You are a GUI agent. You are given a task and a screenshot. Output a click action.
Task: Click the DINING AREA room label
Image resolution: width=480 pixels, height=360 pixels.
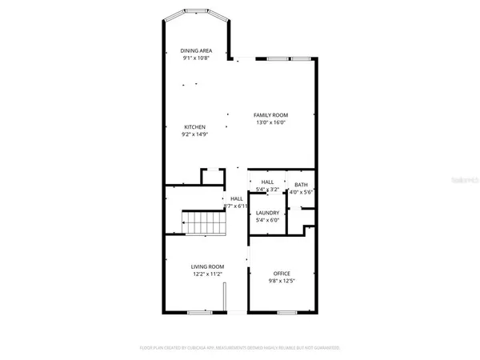point(195,50)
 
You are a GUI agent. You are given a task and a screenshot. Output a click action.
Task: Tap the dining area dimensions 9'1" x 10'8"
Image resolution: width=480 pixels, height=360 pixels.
point(195,58)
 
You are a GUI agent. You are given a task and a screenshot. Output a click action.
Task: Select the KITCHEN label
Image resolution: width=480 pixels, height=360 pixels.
point(195,127)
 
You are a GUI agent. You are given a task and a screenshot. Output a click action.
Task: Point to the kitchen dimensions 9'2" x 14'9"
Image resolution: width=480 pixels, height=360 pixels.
point(195,134)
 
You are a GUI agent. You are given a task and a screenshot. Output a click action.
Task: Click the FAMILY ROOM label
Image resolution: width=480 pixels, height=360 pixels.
point(270,115)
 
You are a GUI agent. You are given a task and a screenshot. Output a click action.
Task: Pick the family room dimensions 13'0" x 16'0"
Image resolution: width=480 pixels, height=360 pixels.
point(270,122)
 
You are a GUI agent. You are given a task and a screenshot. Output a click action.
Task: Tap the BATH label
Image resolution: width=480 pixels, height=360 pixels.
point(300,185)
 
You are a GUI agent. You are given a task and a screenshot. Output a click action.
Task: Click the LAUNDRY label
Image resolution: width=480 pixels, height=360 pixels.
point(267,213)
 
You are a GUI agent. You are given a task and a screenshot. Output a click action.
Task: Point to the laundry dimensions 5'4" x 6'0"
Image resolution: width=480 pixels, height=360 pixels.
point(267,220)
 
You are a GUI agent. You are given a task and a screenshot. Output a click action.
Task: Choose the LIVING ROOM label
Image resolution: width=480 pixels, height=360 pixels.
point(207,266)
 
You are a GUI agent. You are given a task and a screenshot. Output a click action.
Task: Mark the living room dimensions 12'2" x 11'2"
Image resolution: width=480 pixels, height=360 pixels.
point(207,274)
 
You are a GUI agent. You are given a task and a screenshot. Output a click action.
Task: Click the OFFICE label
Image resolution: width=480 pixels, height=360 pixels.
point(281,274)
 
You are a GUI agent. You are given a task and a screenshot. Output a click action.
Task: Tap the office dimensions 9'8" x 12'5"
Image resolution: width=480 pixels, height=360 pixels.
point(281,281)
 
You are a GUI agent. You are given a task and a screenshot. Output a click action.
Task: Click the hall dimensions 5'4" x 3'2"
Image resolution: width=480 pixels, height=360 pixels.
point(267,190)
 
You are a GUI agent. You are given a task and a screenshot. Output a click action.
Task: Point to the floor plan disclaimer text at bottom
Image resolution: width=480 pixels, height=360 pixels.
point(240,348)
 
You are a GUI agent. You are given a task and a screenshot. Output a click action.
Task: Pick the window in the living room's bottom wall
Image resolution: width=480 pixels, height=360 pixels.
point(198,310)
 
